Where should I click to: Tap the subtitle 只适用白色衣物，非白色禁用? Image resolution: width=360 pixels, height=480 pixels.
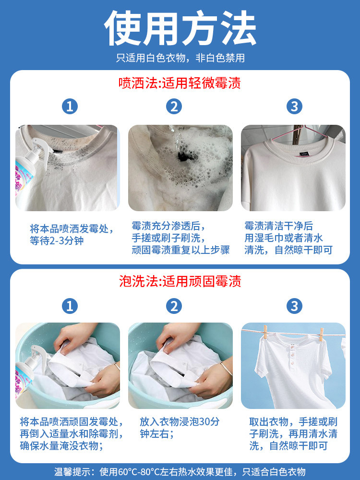(x=180, y=58)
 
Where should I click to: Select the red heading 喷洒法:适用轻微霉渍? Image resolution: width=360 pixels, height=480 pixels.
(x=180, y=84)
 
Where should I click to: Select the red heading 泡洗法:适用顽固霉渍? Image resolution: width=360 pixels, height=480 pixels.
(x=180, y=281)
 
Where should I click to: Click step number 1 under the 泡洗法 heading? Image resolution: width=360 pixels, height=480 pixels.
(x=70, y=306)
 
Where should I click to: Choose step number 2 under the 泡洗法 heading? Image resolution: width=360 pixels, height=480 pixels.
(x=174, y=306)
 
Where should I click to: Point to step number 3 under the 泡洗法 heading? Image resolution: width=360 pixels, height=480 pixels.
(x=294, y=306)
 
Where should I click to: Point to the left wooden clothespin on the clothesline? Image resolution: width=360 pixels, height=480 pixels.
(x=265, y=331)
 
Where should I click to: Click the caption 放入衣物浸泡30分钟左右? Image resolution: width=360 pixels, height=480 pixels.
(x=180, y=427)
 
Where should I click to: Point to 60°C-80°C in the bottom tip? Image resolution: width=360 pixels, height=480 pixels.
(x=145, y=472)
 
